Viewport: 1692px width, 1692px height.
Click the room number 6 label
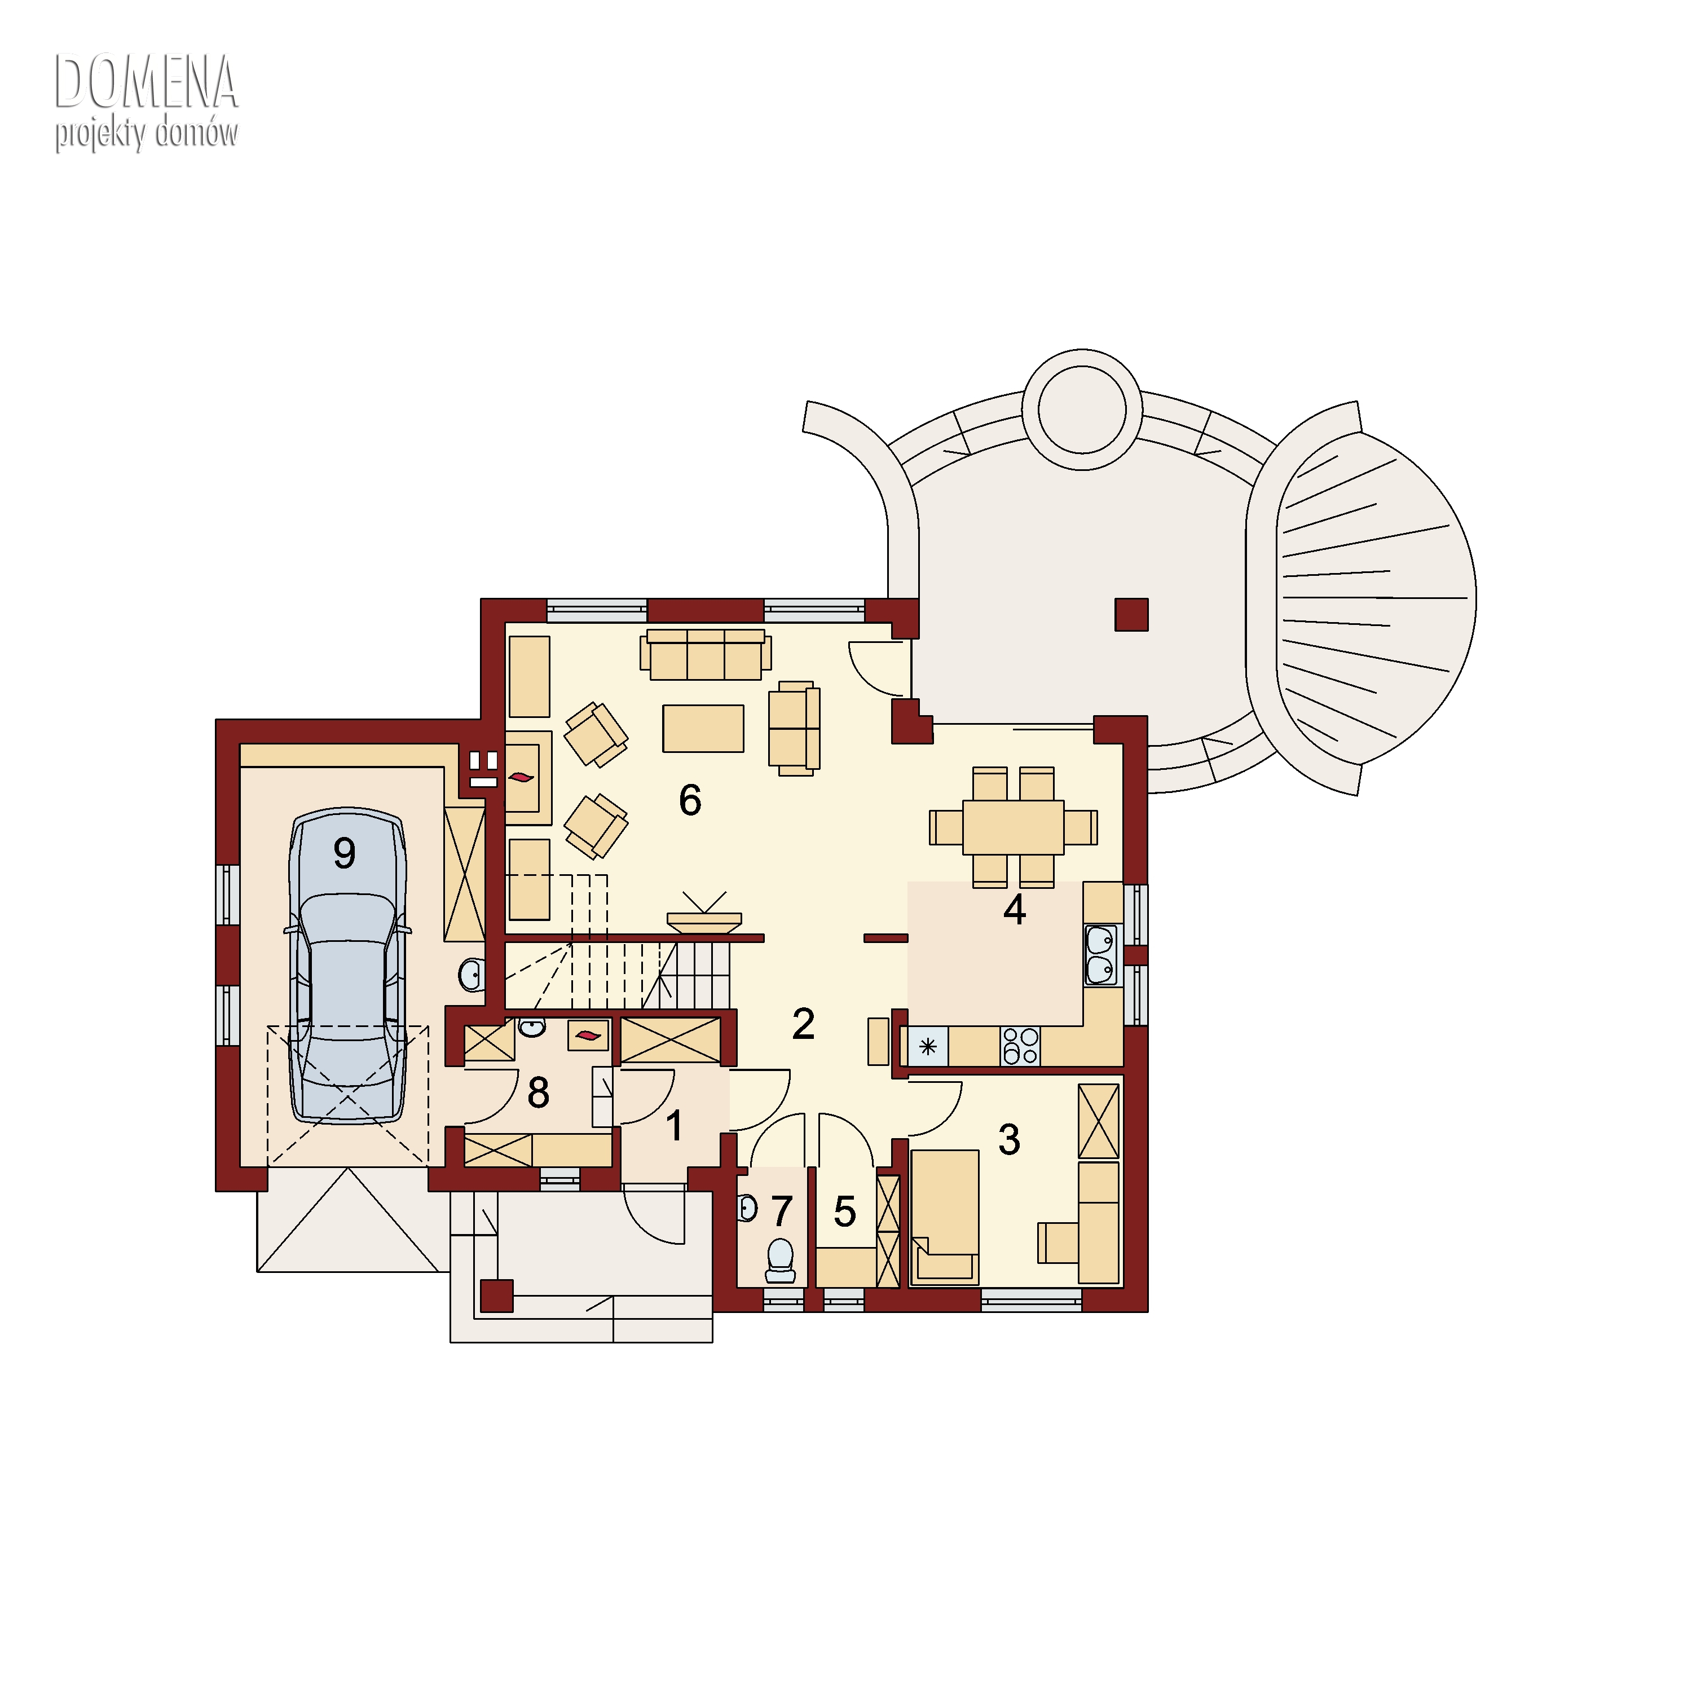click(690, 800)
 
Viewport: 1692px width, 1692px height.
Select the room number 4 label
click(1014, 910)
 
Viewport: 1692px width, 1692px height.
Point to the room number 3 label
click(1009, 1139)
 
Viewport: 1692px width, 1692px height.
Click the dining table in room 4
click(1014, 827)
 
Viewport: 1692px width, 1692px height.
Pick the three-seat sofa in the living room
click(706, 654)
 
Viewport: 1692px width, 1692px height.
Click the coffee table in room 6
click(703, 729)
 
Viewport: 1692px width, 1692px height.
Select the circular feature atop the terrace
click(1082, 410)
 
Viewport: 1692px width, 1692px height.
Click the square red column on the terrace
click(1131, 615)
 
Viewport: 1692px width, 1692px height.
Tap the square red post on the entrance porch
click(496, 1296)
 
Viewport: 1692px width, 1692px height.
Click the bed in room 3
click(945, 1217)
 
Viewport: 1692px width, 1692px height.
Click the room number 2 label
click(803, 1023)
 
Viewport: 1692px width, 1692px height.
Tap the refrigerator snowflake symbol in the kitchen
click(928, 1047)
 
